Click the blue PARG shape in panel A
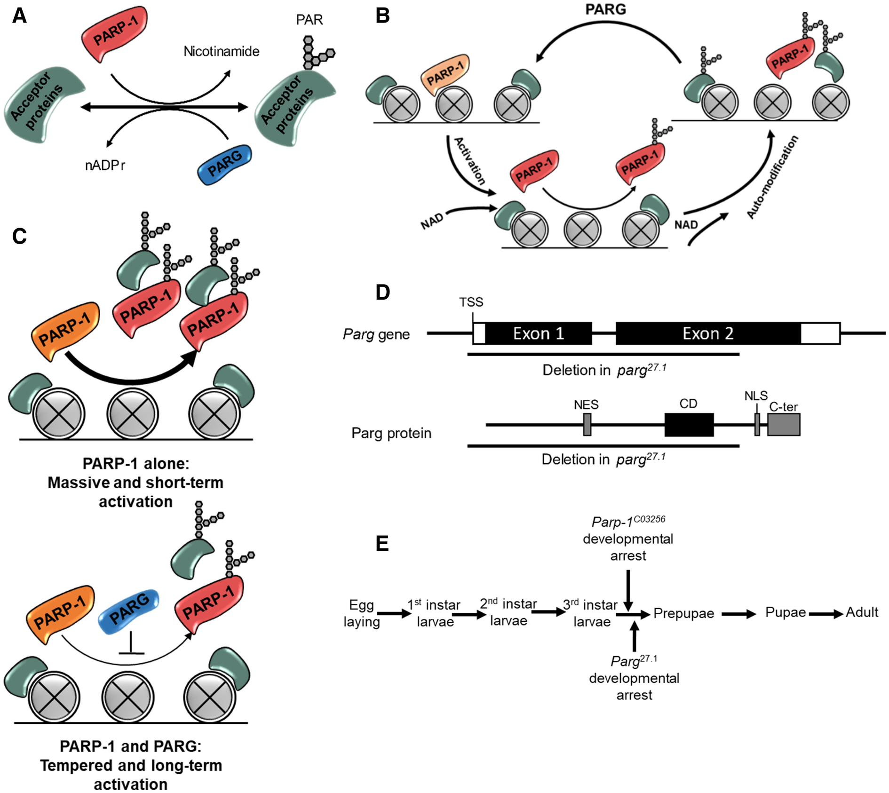pyautogui.click(x=224, y=164)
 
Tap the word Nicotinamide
pyautogui.click(x=221, y=51)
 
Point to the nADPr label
pyautogui.click(x=105, y=166)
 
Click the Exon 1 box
pyautogui.click(x=538, y=333)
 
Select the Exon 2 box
pyautogui.click(x=708, y=333)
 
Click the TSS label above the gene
pyautogui.click(x=471, y=302)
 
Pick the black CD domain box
pyautogui.click(x=689, y=425)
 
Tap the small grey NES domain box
pyautogui.click(x=587, y=425)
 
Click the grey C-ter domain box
pyautogui.click(x=784, y=425)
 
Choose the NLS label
pyautogui.click(x=756, y=396)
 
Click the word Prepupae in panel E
pyautogui.click(x=683, y=613)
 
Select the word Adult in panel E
pyautogui.click(x=862, y=612)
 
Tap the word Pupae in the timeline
pyautogui.click(x=786, y=612)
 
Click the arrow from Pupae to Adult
pyautogui.click(x=826, y=614)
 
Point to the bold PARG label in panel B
pyautogui.click(x=605, y=9)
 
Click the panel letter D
pyautogui.click(x=382, y=292)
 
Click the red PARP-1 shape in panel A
pyautogui.click(x=114, y=33)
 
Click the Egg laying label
pyautogui.click(x=361, y=613)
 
